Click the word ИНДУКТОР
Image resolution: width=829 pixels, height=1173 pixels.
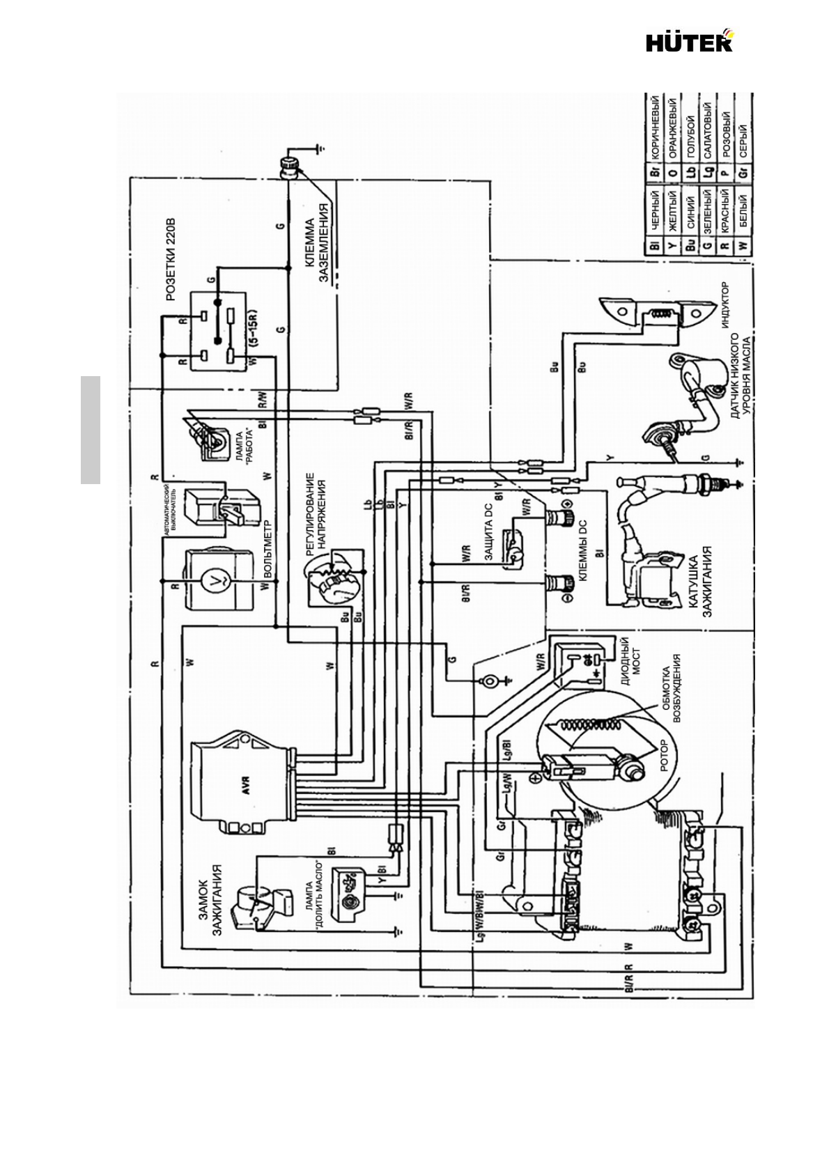point(725,305)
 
